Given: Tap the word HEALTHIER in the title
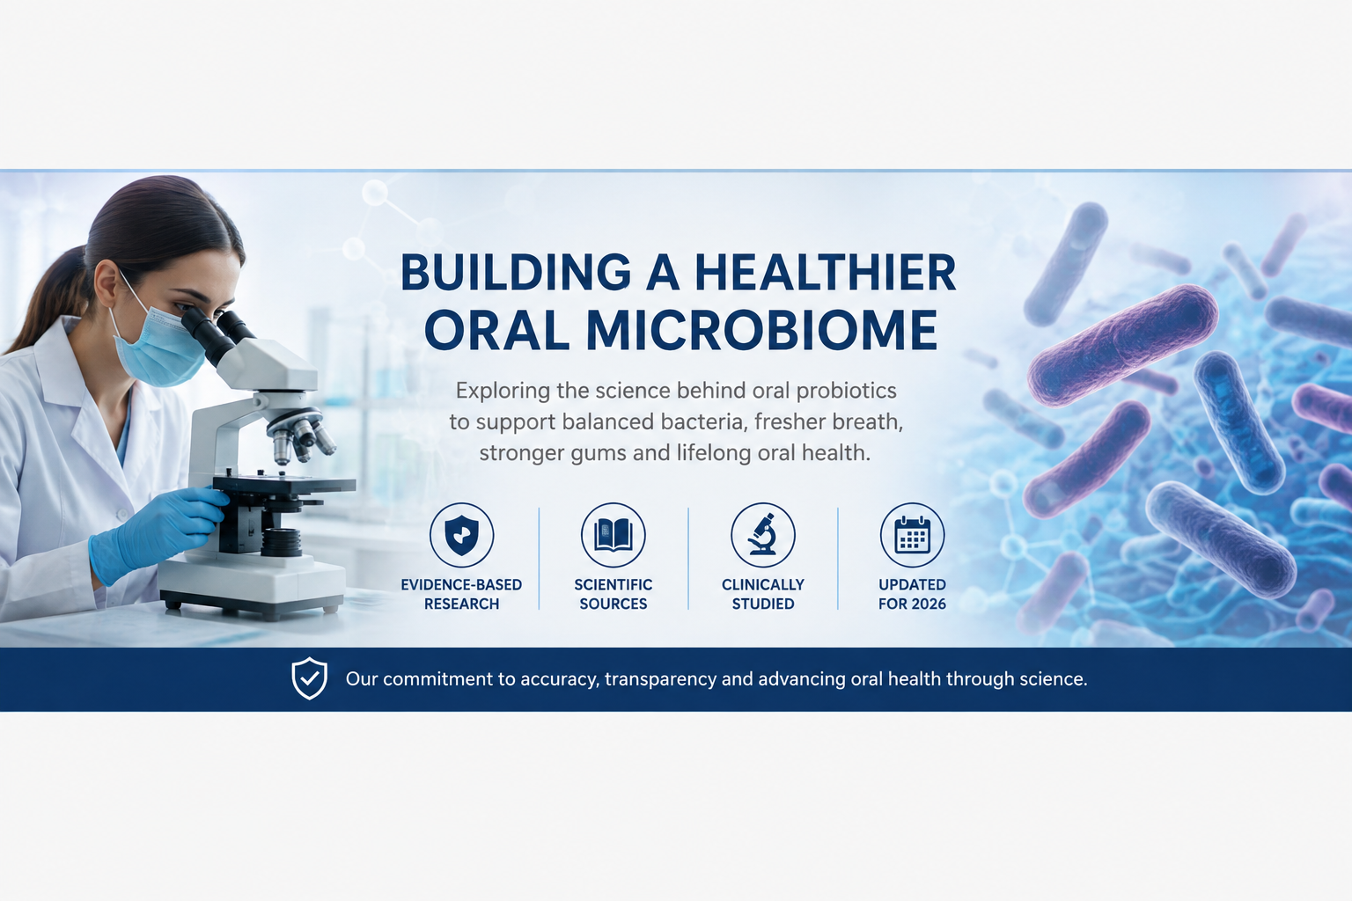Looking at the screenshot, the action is pyautogui.click(x=825, y=273).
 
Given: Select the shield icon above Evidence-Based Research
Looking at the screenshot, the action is pyautogui.click(x=462, y=535).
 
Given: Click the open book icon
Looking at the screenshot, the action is pyautogui.click(x=614, y=535).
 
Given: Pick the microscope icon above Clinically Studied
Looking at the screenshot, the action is pyautogui.click(x=763, y=535).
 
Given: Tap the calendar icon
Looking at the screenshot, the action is pyautogui.click(x=912, y=535).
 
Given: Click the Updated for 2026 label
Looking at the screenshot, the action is pyautogui.click(x=912, y=594).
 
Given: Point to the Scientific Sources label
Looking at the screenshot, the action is pyautogui.click(x=614, y=594).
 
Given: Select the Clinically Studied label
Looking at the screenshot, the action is pyautogui.click(x=763, y=594).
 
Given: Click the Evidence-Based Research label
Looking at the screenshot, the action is pyautogui.click(x=462, y=594).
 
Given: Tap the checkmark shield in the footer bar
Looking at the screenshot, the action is pyautogui.click(x=310, y=678).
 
